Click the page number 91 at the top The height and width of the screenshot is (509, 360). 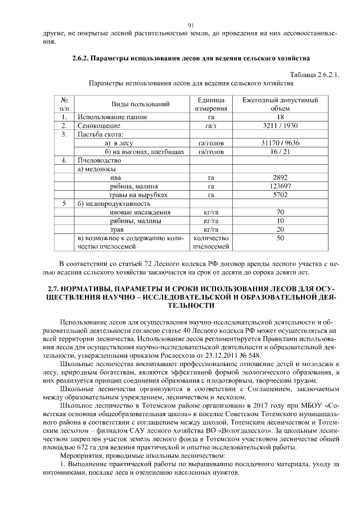pyautogui.click(x=191, y=25)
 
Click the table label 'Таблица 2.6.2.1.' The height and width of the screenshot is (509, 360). pyautogui.click(x=314, y=75)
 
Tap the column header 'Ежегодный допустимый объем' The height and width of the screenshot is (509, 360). pyautogui.click(x=280, y=104)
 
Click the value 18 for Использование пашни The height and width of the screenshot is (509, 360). pyautogui.click(x=280, y=117)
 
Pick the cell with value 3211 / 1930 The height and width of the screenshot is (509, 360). pyautogui.click(x=280, y=125)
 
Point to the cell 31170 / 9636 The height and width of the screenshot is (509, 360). pyautogui.click(x=280, y=143)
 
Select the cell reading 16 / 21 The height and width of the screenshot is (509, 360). pyautogui.click(x=280, y=151)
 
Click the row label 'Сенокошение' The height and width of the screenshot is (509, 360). pyautogui.click(x=97, y=125)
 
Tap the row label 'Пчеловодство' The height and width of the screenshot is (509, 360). pyautogui.click(x=98, y=160)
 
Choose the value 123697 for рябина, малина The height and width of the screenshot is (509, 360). pyautogui.click(x=280, y=186)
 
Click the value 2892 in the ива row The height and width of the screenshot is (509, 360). pyautogui.click(x=280, y=177)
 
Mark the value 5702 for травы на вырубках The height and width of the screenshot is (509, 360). pyautogui.click(x=280, y=195)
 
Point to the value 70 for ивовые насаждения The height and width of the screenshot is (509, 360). pyautogui.click(x=280, y=212)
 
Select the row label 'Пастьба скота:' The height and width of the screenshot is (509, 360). pyautogui.click(x=101, y=134)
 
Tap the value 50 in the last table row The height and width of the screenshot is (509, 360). pyautogui.click(x=280, y=238)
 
